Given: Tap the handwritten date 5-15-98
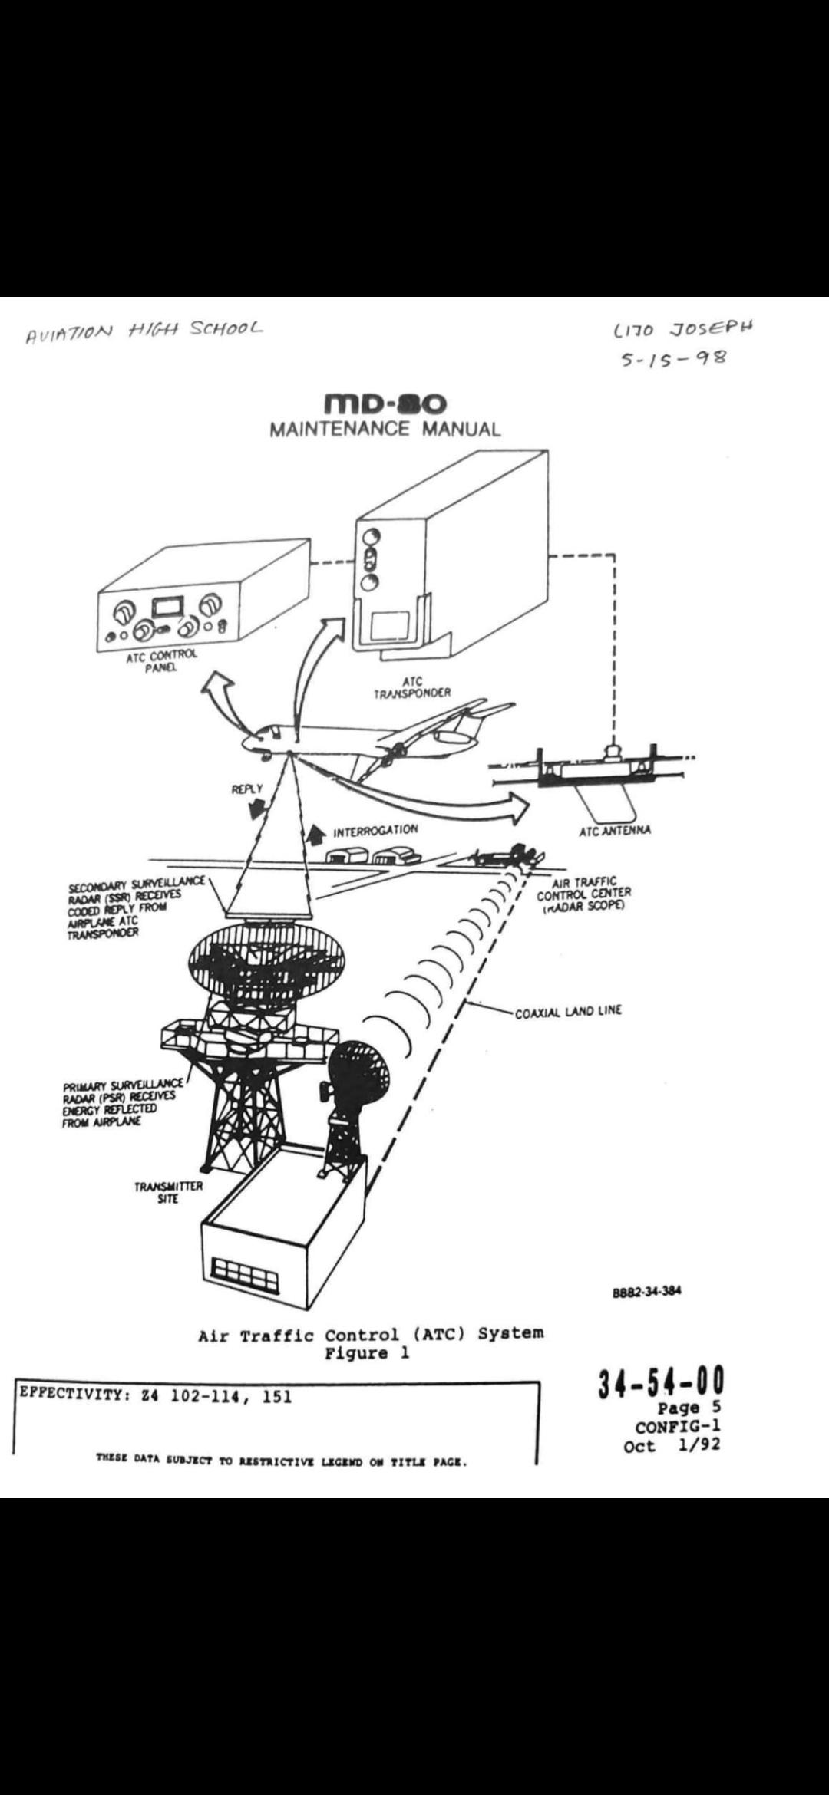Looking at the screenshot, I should pyautogui.click(x=668, y=359).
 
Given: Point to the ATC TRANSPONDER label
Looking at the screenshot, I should pyautogui.click(x=412, y=687).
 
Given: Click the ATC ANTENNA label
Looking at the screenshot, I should pyautogui.click(x=614, y=830).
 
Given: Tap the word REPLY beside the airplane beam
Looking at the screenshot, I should pyautogui.click(x=246, y=789).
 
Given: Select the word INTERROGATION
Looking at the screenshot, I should pyautogui.click(x=375, y=830).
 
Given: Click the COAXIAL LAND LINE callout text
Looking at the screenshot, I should pyautogui.click(x=568, y=1011).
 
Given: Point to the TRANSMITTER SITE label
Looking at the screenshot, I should pyautogui.click(x=168, y=1192).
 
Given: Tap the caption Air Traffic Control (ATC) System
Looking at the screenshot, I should pyautogui.click(x=371, y=1333).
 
